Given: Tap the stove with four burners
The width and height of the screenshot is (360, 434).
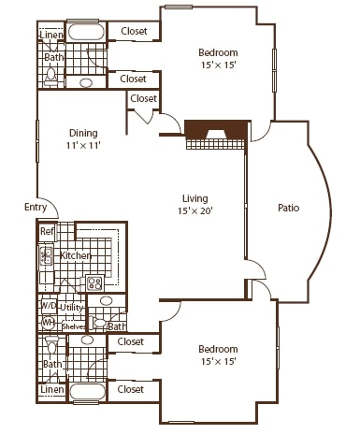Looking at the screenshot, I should click(94, 282).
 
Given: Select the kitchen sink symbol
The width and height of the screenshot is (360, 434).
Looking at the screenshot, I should click(45, 255).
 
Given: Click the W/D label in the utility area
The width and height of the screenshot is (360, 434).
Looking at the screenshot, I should click(48, 306).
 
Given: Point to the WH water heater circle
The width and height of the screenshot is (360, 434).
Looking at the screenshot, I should click(48, 322).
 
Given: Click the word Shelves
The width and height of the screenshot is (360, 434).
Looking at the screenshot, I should click(74, 325).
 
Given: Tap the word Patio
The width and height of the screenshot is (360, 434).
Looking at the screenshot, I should click(289, 208).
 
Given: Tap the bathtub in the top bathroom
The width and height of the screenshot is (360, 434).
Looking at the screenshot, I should click(87, 32).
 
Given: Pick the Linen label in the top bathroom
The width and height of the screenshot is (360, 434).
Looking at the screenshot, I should click(50, 36).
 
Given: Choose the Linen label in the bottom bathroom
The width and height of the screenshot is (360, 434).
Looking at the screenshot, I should click(50, 389).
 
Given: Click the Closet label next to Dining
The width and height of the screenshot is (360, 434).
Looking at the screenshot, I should click(143, 99).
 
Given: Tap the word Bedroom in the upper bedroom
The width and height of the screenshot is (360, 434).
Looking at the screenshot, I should click(218, 52).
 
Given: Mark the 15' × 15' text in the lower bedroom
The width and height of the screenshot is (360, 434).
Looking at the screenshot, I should click(218, 361).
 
